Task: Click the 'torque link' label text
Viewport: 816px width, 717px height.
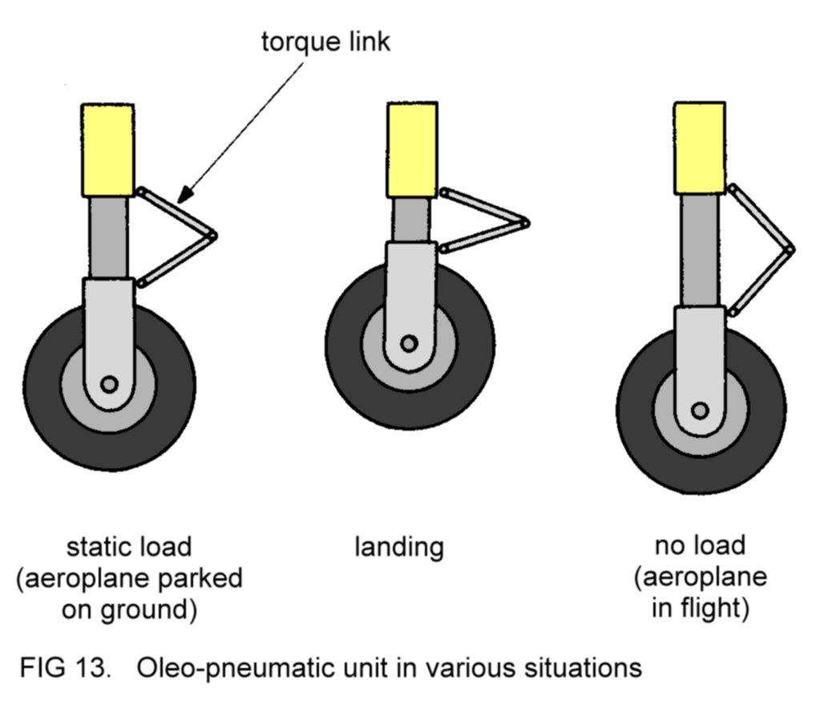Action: (x=326, y=42)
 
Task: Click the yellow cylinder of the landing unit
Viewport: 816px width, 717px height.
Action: (x=412, y=150)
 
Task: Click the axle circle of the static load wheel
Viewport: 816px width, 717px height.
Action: (x=109, y=384)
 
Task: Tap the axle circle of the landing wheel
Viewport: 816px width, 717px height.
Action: (x=409, y=343)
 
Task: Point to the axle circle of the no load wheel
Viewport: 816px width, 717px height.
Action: (x=700, y=411)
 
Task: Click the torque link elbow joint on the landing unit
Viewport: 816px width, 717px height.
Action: (x=525, y=223)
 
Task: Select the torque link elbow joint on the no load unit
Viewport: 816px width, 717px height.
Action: (x=789, y=249)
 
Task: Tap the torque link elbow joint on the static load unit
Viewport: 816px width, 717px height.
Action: (x=212, y=236)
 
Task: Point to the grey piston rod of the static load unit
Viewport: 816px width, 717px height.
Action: (x=107, y=238)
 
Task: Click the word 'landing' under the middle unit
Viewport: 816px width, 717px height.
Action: (x=398, y=548)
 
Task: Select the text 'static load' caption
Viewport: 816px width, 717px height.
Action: (x=129, y=548)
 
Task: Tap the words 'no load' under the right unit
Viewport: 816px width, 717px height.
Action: (x=700, y=546)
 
